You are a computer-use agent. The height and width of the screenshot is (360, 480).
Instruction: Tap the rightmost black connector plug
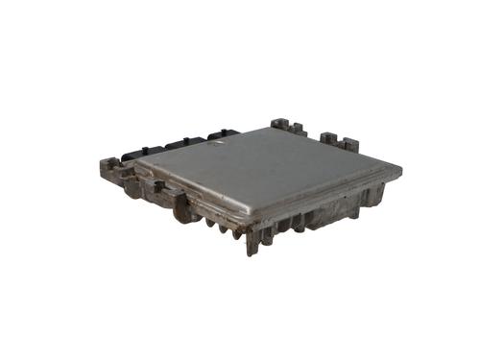pyautogui.click(x=223, y=135)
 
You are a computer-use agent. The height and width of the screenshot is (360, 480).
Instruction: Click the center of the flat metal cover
pyautogui.click(x=269, y=173)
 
